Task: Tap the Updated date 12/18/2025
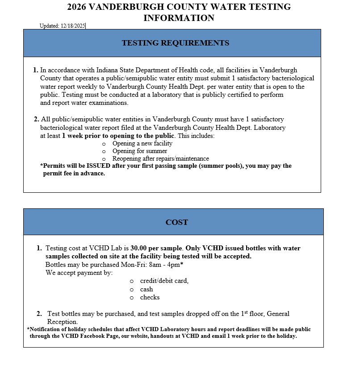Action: pyautogui.click(x=72, y=26)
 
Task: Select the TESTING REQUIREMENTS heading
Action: pyautogui.click(x=176, y=43)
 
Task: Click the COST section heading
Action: pyautogui.click(x=176, y=222)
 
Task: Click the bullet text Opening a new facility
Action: pyautogui.click(x=142, y=143)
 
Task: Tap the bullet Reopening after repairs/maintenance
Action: pyautogui.click(x=160, y=158)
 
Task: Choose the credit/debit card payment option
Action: pyautogui.click(x=164, y=281)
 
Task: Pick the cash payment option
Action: pyautogui.click(x=147, y=289)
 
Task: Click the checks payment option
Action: pyautogui.click(x=150, y=297)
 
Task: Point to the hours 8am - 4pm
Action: pyautogui.click(x=165, y=264)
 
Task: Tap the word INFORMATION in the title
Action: pyautogui.click(x=179, y=18)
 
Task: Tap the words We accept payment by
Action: pyautogui.click(x=79, y=273)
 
